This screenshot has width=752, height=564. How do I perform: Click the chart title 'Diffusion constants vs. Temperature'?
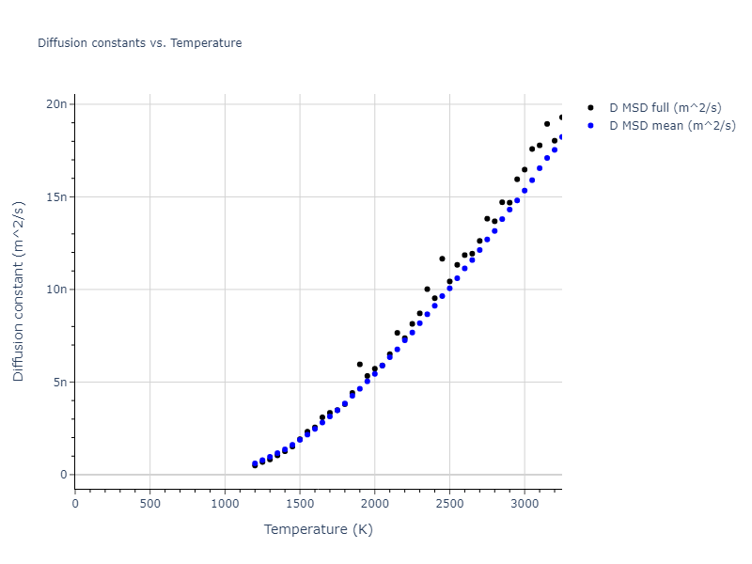(x=139, y=43)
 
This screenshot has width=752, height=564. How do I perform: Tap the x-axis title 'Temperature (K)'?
(x=318, y=529)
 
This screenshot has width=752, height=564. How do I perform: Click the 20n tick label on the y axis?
(x=55, y=104)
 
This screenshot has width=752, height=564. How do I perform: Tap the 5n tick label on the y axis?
(x=58, y=383)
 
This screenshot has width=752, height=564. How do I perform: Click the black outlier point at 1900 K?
(x=359, y=364)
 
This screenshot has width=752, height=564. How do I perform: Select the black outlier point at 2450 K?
(x=442, y=258)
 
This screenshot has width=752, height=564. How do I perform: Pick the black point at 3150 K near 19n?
(x=547, y=124)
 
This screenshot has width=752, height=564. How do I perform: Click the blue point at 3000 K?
(x=525, y=191)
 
